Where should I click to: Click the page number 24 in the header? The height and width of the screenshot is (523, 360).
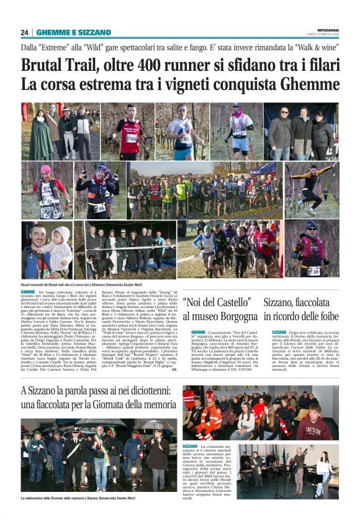[25, 32]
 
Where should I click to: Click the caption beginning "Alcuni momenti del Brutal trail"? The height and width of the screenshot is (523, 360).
[87, 283]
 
